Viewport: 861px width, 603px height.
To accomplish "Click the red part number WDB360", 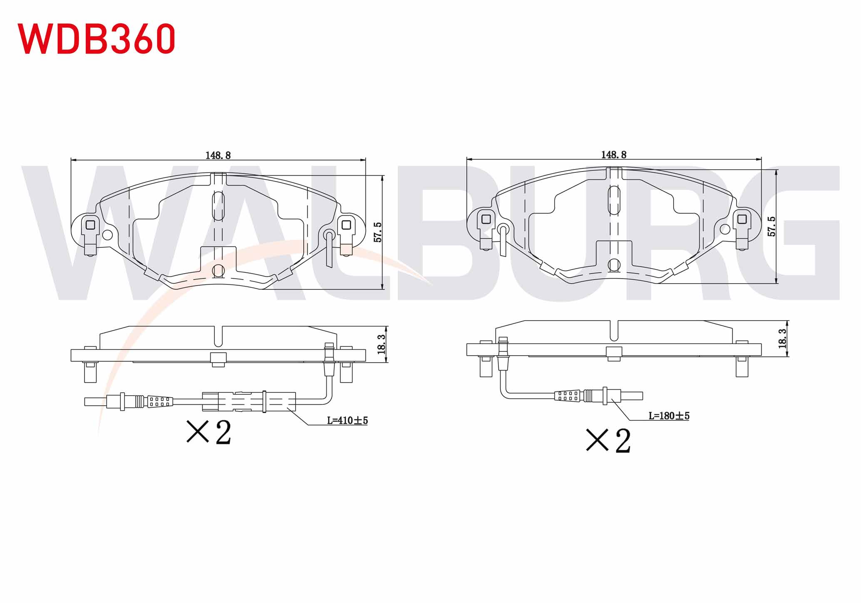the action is tap(96, 38).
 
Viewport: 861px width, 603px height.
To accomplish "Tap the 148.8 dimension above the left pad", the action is tap(218, 155).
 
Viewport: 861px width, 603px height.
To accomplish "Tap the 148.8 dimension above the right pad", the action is tap(613, 154).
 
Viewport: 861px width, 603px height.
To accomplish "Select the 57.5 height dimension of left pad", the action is tap(378, 232).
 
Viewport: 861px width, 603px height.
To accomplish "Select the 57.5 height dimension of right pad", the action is tap(771, 227).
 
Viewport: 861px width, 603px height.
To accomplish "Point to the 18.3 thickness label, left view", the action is tap(382, 344).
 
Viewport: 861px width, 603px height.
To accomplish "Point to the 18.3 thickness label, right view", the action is tap(782, 339).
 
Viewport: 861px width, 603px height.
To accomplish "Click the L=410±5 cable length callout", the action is tap(347, 420).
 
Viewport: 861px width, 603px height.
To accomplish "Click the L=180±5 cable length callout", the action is tap(669, 416).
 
